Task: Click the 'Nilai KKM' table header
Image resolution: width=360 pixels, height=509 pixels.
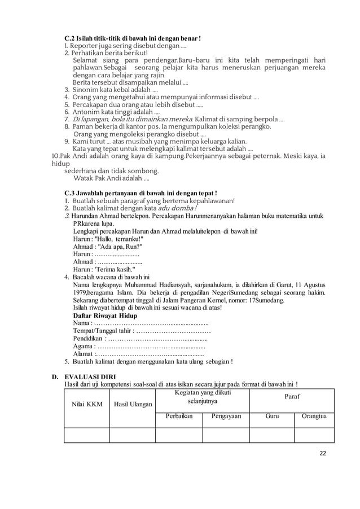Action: (x=86, y=404)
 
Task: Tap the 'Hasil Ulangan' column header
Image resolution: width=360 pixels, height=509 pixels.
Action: (x=133, y=404)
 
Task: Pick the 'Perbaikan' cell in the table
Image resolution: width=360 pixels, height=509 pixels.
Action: (x=179, y=417)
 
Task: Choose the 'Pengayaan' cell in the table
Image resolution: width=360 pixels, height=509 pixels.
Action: (x=226, y=417)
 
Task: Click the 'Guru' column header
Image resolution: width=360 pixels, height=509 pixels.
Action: (x=271, y=417)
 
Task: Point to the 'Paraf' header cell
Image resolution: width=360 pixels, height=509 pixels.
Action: (x=292, y=397)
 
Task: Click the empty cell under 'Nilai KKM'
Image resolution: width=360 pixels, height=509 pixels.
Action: (x=86, y=435)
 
